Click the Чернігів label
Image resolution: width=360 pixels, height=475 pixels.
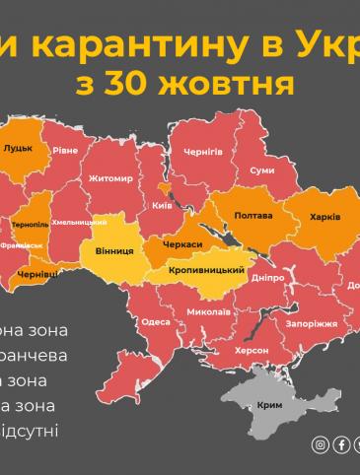pyautogui.click(x=203, y=152)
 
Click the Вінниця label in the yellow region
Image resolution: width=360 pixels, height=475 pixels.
pyautogui.click(x=114, y=250)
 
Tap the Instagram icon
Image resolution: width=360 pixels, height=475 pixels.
pyautogui.click(x=320, y=444)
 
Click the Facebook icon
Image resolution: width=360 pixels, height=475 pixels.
pyautogui.click(x=341, y=444)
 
